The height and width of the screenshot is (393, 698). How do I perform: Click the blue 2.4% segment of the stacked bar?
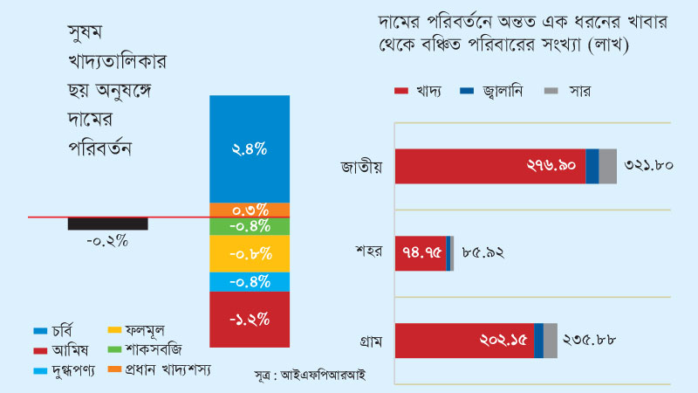click(250, 148)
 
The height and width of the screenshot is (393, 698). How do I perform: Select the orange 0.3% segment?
click(250, 210)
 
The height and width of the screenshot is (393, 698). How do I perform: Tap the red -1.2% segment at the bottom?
click(250, 319)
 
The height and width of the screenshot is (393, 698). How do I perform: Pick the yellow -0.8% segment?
click(250, 254)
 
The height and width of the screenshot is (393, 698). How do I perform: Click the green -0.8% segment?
click(250, 226)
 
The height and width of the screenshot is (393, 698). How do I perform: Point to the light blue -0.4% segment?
click(250, 282)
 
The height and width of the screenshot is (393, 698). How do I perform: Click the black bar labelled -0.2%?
click(107, 224)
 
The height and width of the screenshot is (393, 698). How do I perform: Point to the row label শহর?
click(369, 253)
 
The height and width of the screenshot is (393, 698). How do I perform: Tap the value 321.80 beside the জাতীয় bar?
click(648, 166)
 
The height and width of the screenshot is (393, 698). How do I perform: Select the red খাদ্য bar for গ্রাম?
click(462, 341)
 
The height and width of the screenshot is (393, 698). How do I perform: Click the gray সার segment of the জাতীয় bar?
click(607, 166)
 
